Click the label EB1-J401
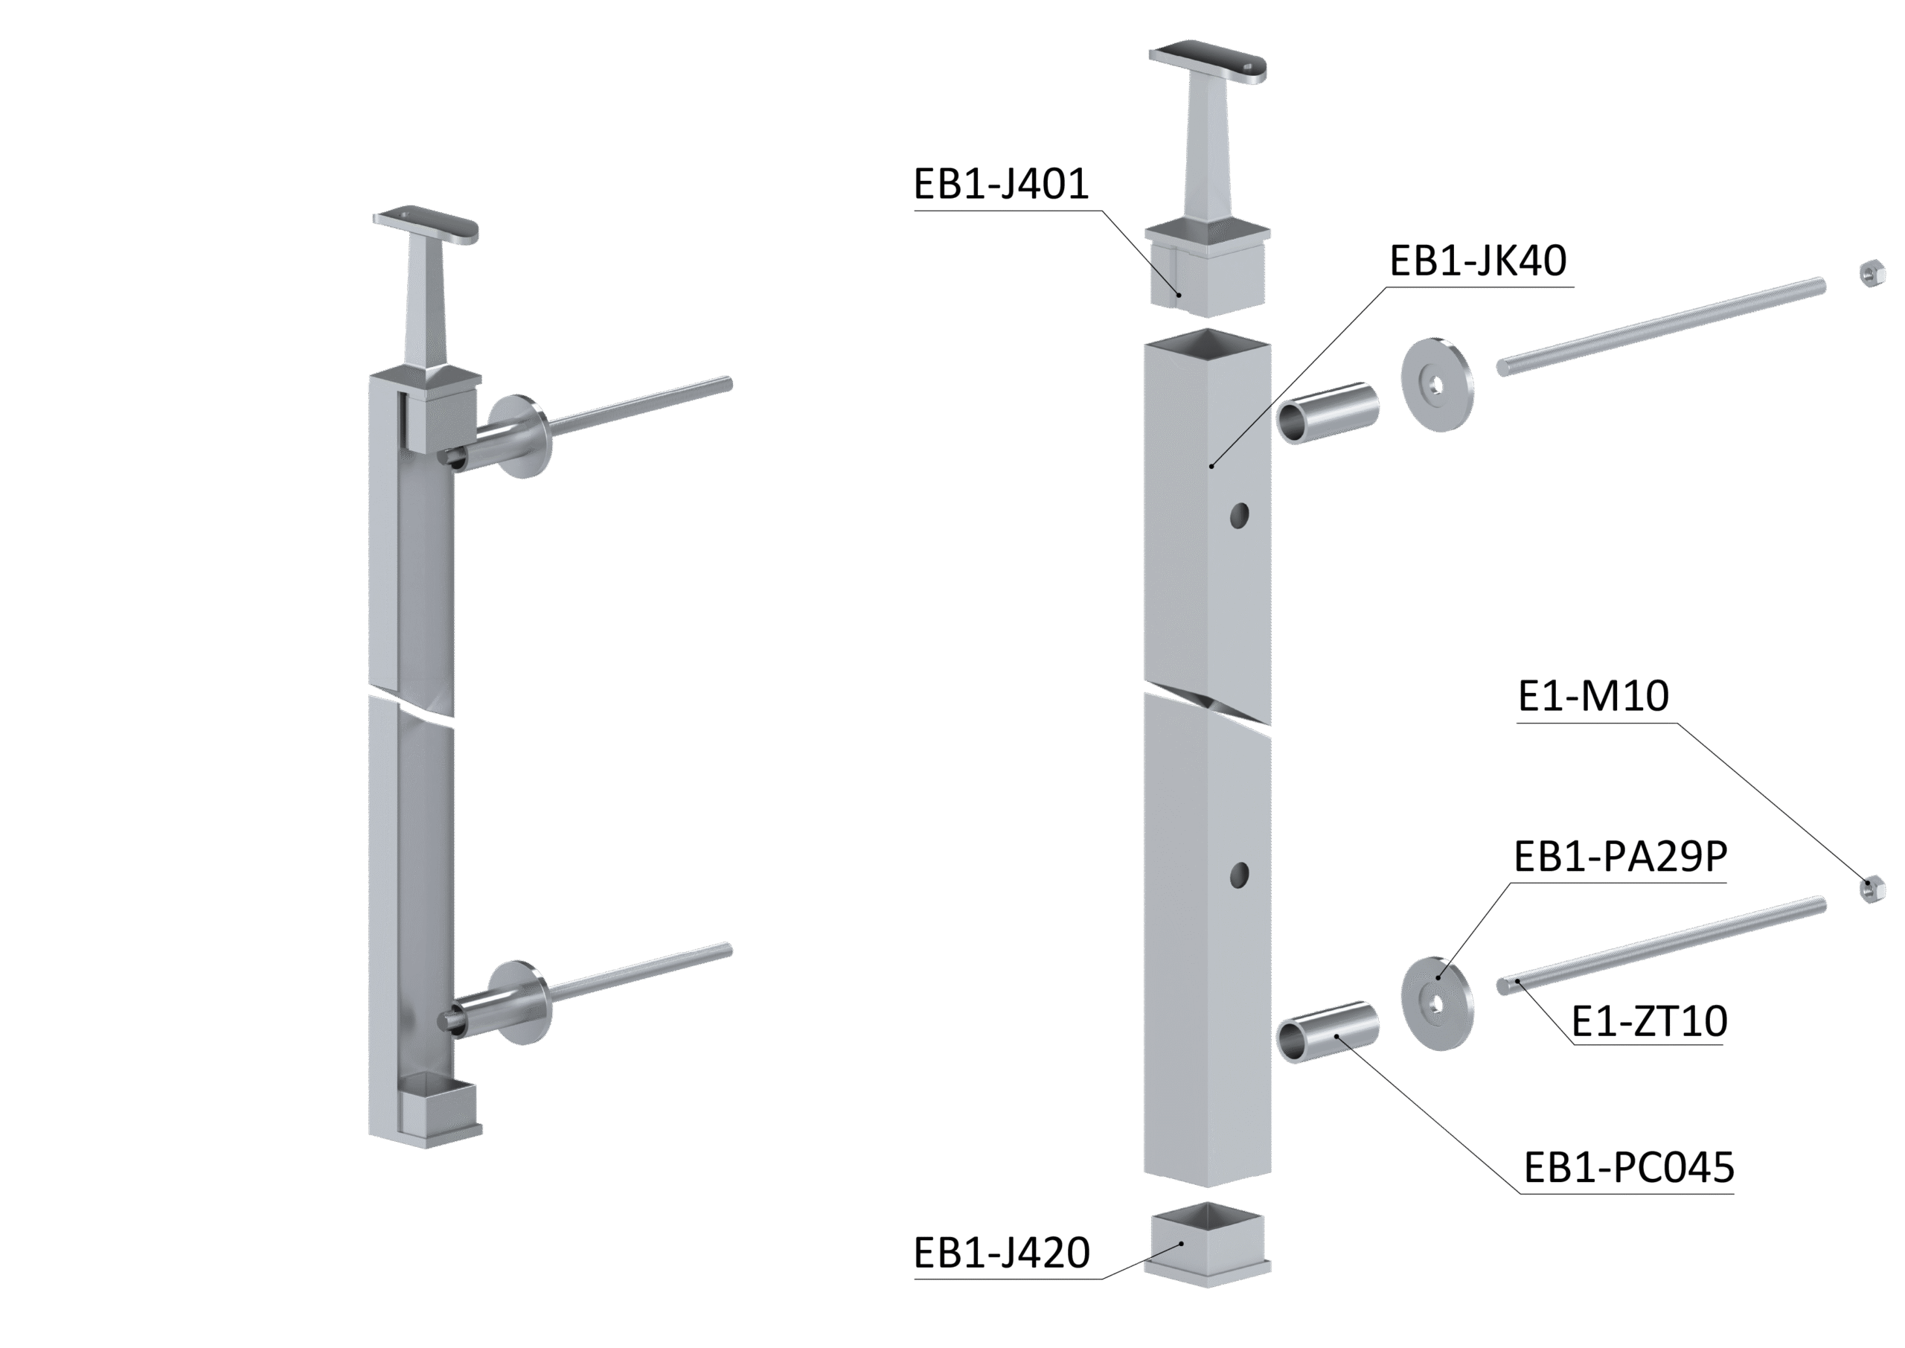pos(1001,185)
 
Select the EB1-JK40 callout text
pos(1478,261)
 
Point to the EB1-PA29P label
pos(1619,857)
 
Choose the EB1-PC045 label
pos(1630,1168)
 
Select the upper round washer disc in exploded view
pos(1438,384)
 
